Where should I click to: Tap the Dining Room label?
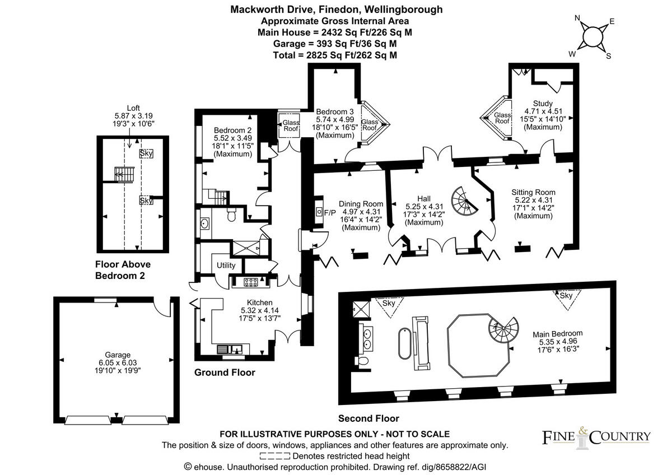(x=361, y=204)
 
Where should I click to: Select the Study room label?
(x=543, y=103)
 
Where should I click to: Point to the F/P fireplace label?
(x=330, y=212)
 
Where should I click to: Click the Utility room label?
(x=226, y=265)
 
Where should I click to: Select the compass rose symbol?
(x=593, y=38)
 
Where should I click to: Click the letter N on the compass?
(x=577, y=18)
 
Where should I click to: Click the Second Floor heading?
(x=368, y=418)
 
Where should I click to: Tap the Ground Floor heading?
(x=225, y=372)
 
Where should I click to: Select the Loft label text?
(x=133, y=108)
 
